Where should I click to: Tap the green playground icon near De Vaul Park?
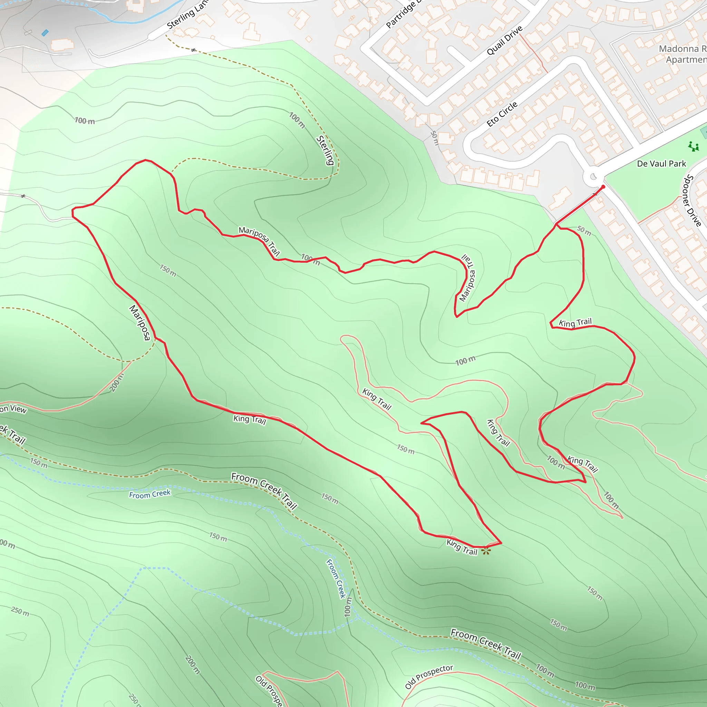click(x=693, y=146)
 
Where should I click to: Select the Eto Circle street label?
click(x=502, y=114)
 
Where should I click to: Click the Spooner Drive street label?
click(x=693, y=201)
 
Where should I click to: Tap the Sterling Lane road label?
click(x=187, y=14)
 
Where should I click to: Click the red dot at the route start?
click(x=603, y=187)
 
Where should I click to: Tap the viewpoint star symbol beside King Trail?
click(x=486, y=551)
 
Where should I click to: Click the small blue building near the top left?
click(x=45, y=33)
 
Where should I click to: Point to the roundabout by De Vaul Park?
click(x=593, y=177)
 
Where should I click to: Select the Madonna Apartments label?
click(x=682, y=54)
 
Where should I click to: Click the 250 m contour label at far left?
click(x=20, y=611)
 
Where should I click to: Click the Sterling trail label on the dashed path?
click(x=325, y=150)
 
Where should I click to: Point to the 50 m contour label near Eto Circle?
click(x=434, y=138)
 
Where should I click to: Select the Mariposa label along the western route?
click(x=140, y=322)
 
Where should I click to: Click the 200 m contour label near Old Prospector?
click(x=193, y=665)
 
